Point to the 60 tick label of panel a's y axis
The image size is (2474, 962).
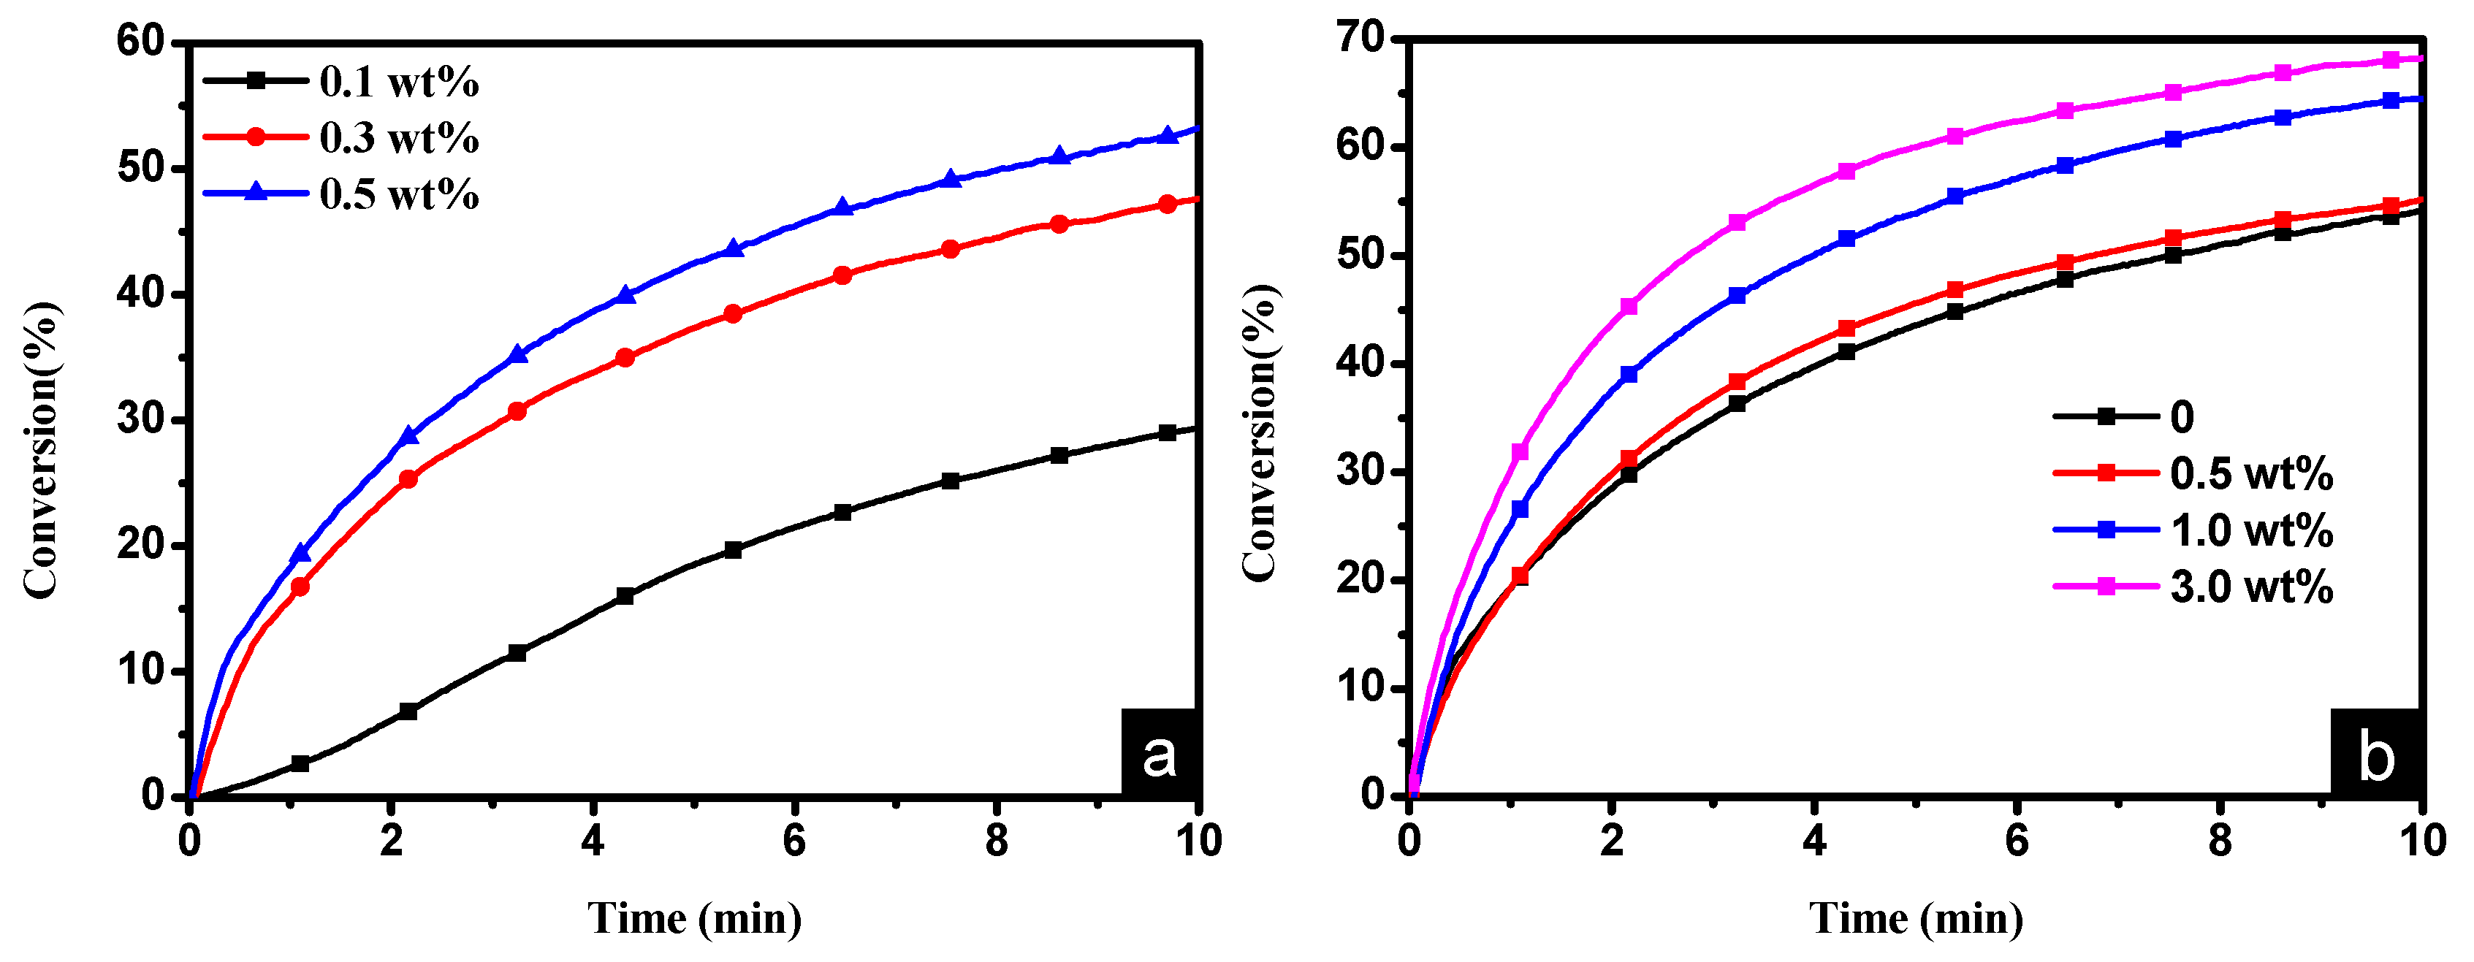point(141,42)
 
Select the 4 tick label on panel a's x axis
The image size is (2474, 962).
point(593,841)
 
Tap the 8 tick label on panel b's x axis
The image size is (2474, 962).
point(2220,841)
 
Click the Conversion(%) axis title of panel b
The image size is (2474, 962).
point(1259,432)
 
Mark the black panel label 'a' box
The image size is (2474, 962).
point(1160,752)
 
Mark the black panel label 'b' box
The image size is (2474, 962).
point(2376,752)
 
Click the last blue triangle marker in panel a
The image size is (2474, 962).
point(1168,135)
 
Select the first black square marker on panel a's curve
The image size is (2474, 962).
point(300,763)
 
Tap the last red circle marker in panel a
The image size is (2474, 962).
point(1168,204)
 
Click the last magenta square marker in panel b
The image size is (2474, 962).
point(2391,59)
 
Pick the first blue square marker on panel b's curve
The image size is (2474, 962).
point(1519,509)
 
